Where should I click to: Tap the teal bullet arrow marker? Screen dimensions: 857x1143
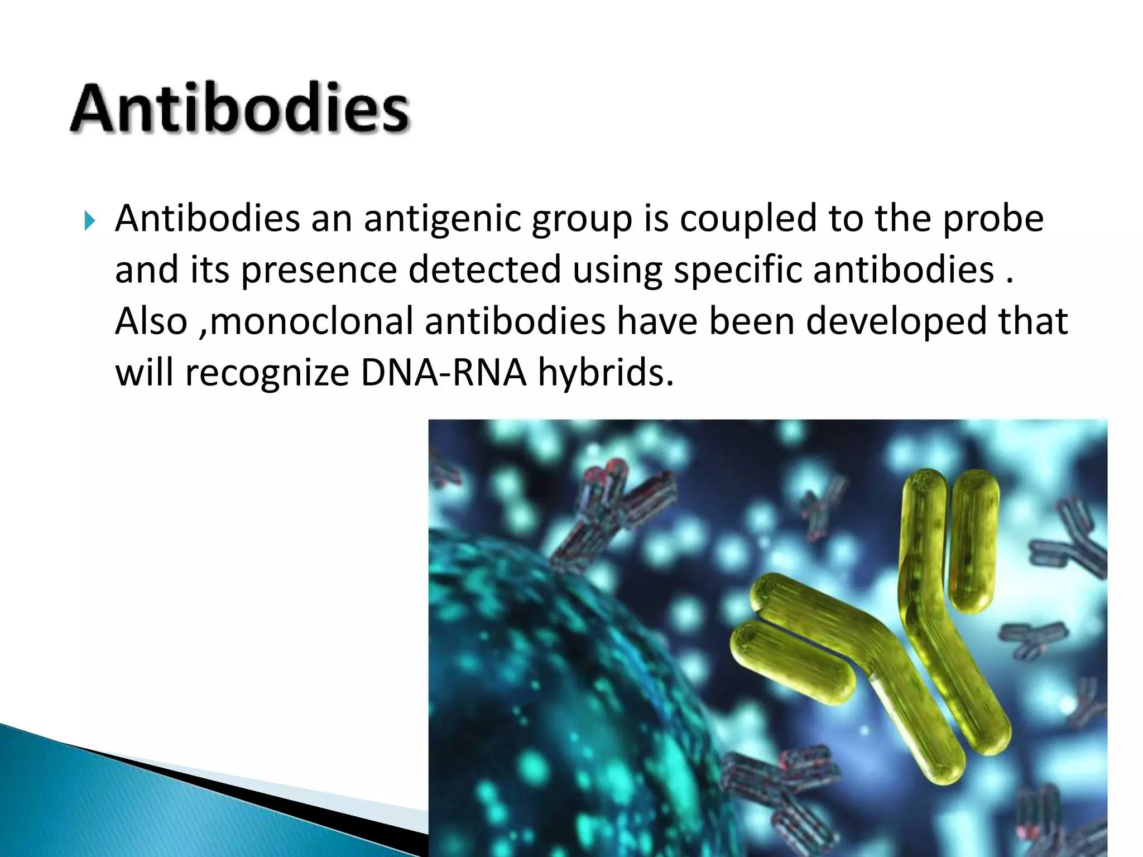pyautogui.click(x=90, y=221)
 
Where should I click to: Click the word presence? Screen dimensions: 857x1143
pyautogui.click(x=319, y=270)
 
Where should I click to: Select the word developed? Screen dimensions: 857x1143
pyautogui.click(x=896, y=321)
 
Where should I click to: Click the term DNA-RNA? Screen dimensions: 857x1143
pyautogui.click(x=444, y=373)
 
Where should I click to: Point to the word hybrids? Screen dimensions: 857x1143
pyautogui.click(x=606, y=373)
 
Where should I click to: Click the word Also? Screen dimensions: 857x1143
pyautogui.click(x=151, y=321)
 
